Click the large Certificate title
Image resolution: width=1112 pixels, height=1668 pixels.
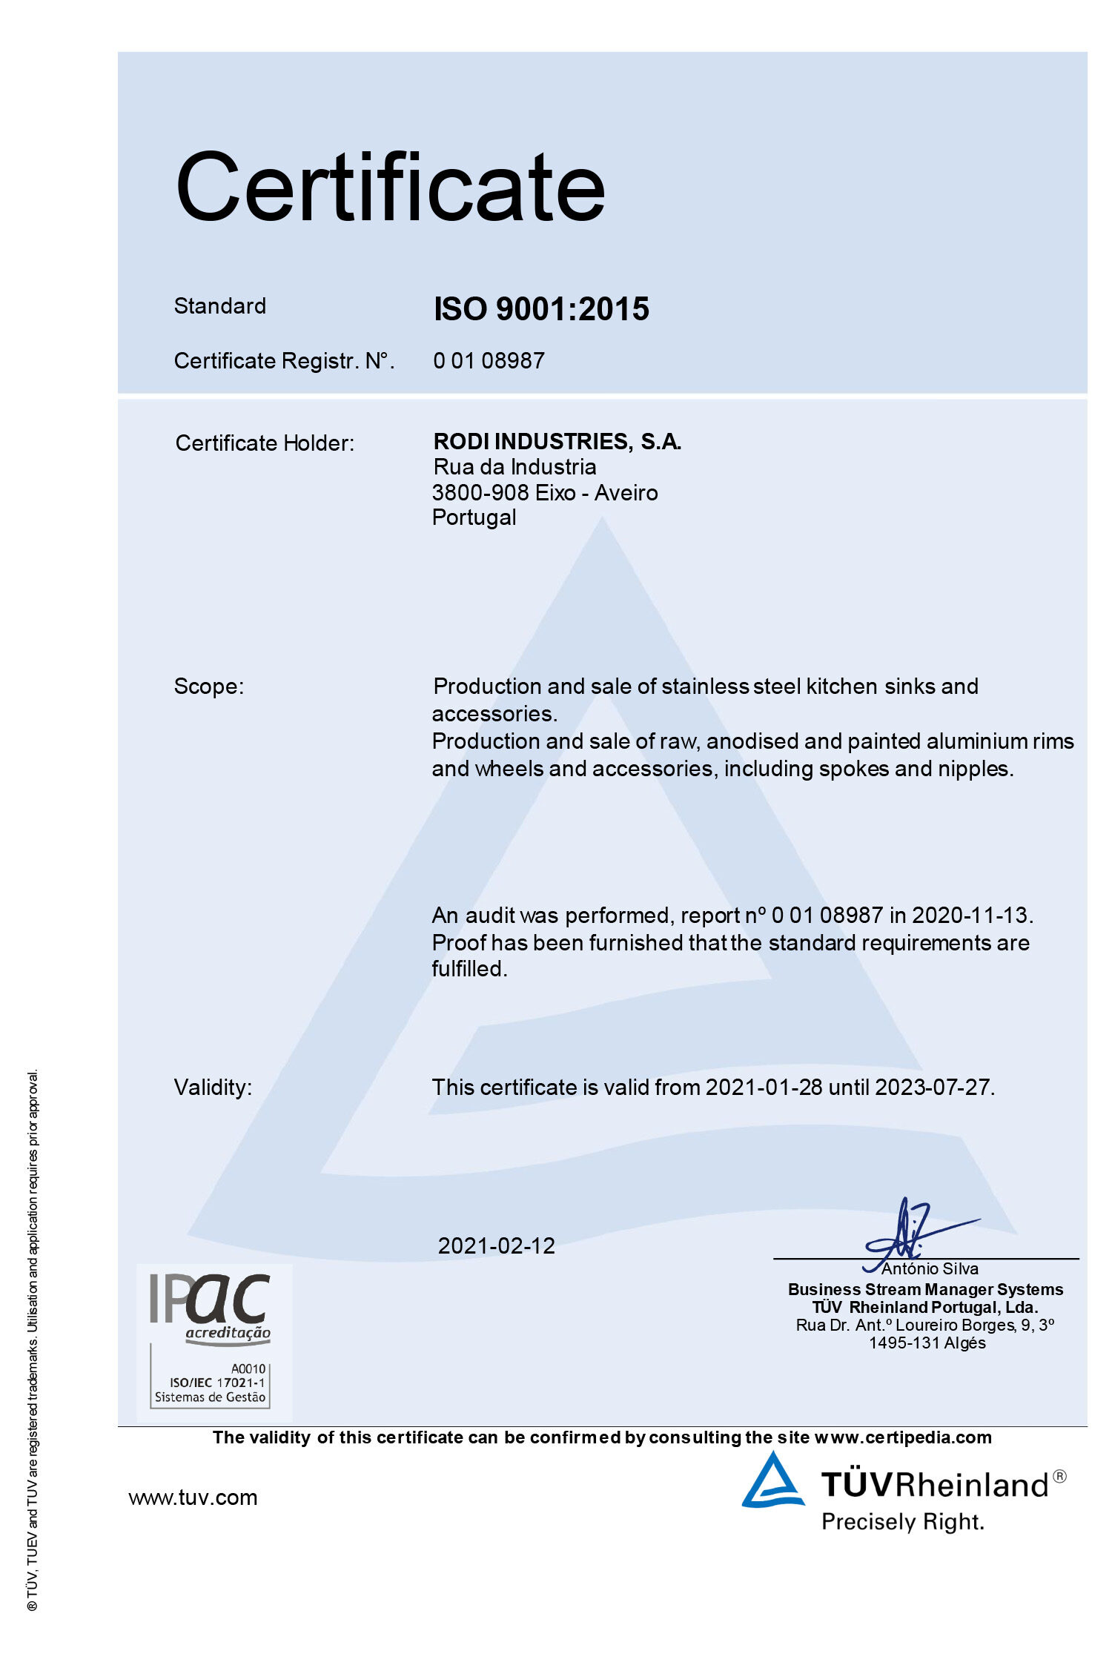pos(391,187)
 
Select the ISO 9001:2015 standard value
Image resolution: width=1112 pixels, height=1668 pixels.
pos(541,309)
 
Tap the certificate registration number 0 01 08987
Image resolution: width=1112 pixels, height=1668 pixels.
pos(489,361)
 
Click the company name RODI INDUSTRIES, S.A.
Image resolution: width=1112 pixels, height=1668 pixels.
pos(557,442)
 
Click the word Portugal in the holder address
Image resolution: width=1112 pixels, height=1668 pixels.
pos(474,517)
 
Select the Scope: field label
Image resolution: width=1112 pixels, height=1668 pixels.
pos(208,686)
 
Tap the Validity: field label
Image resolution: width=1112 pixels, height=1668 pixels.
pos(213,1088)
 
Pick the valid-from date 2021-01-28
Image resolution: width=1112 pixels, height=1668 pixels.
pos(764,1088)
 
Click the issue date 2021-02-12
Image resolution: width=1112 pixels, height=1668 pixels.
pos(496,1246)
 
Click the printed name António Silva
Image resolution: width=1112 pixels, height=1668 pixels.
pos(930,1269)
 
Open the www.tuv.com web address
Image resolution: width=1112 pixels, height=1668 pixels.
pos(193,1497)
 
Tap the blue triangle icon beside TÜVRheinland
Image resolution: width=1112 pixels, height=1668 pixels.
pos(772,1481)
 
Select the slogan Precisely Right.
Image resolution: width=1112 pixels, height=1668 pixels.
pos(903,1523)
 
